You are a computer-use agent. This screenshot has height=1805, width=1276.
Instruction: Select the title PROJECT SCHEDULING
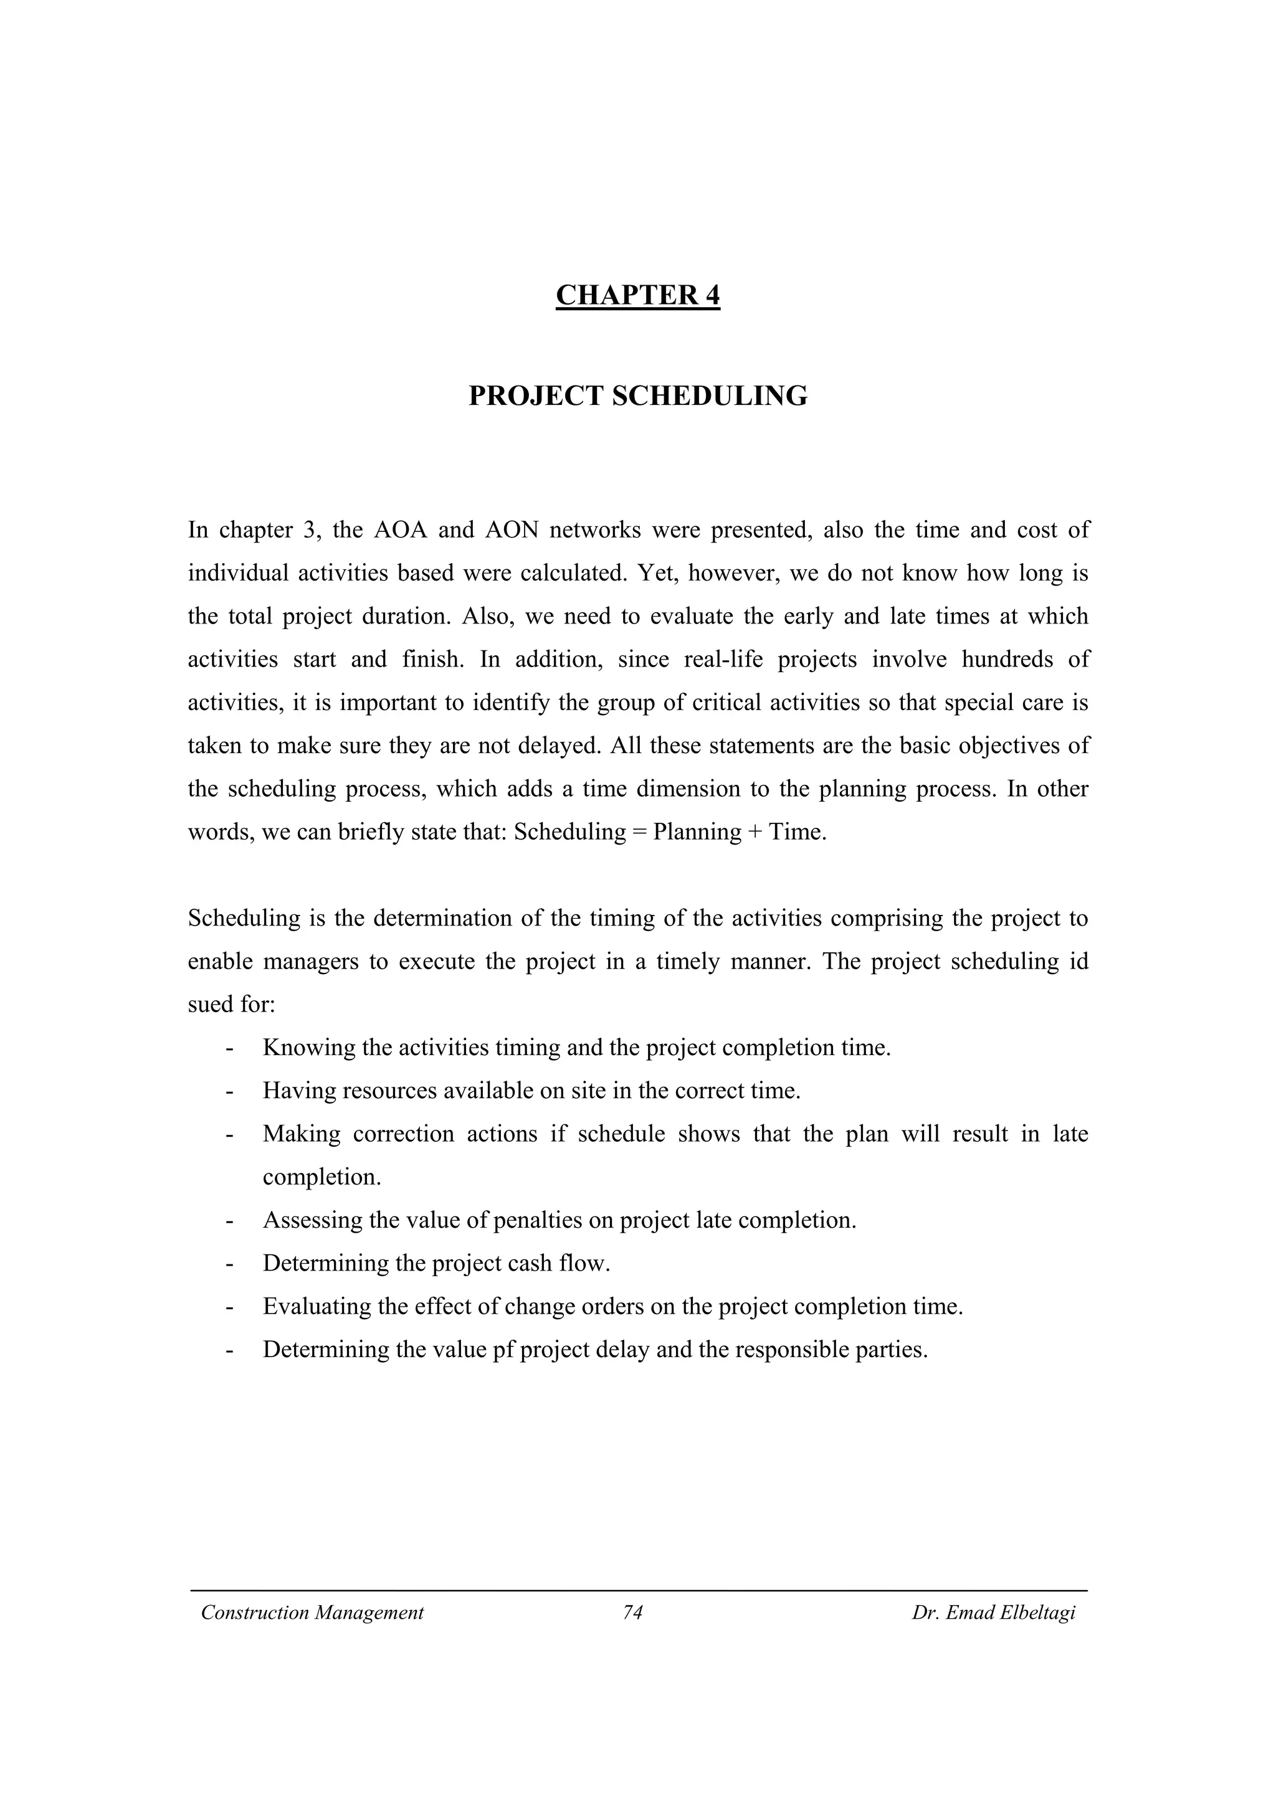point(637,396)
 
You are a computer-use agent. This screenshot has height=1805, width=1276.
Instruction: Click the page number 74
point(633,1613)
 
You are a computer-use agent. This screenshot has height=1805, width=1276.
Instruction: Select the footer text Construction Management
point(312,1613)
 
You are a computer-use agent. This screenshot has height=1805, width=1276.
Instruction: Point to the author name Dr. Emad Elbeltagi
point(993,1613)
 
